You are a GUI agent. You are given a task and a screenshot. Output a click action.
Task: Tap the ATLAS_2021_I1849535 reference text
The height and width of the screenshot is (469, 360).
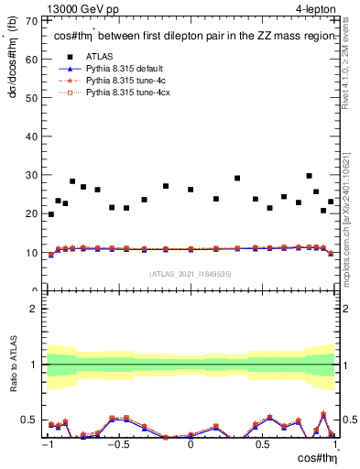pos(191,273)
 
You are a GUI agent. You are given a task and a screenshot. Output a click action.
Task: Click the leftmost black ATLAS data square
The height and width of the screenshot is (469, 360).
pos(50,214)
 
